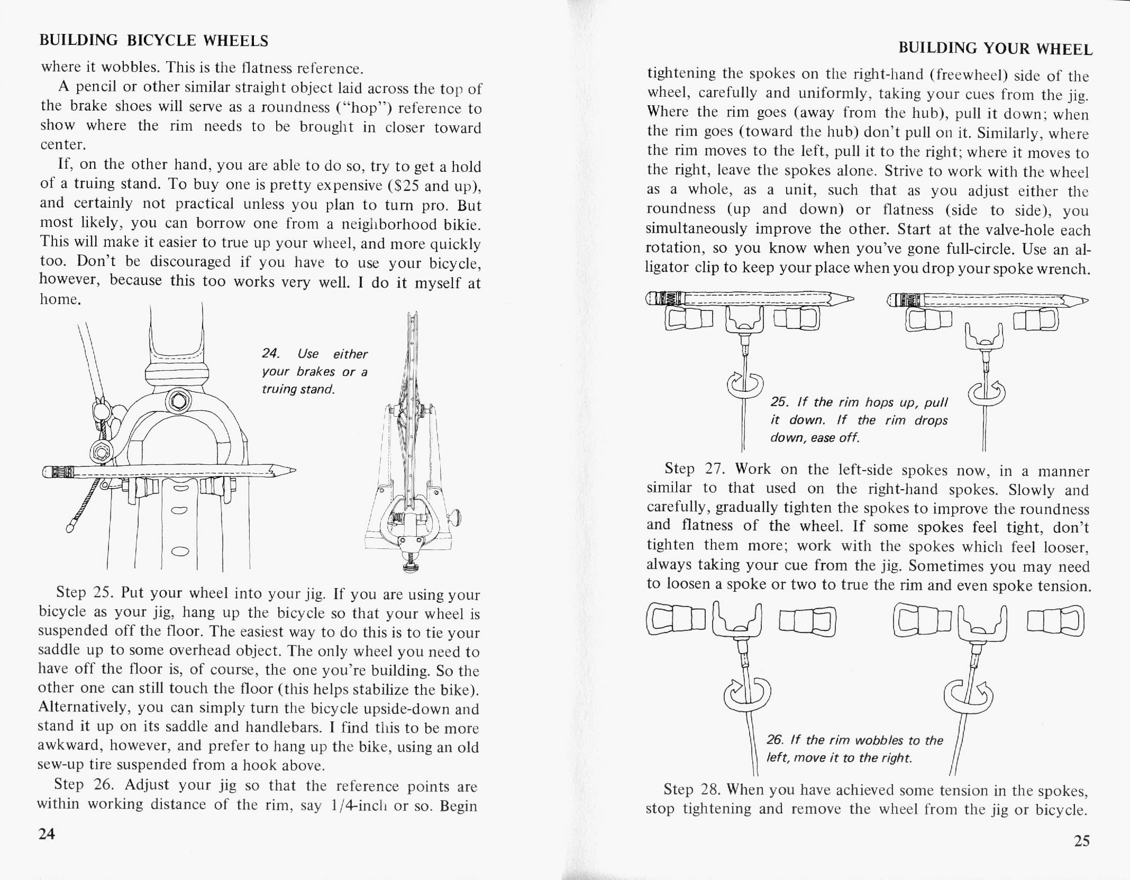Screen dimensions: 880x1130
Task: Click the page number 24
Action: tap(47, 834)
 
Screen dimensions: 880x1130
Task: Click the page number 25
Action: tap(1082, 840)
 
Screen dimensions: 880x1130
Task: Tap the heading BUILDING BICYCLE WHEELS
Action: tap(154, 41)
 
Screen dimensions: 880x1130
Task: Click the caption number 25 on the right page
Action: tap(778, 402)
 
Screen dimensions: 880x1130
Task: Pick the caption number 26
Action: tap(775, 740)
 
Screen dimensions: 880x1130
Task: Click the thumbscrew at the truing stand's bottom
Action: tap(409, 567)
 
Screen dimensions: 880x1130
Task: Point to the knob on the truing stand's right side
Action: tap(455, 517)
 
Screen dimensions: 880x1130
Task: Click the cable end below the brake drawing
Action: tap(70, 527)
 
